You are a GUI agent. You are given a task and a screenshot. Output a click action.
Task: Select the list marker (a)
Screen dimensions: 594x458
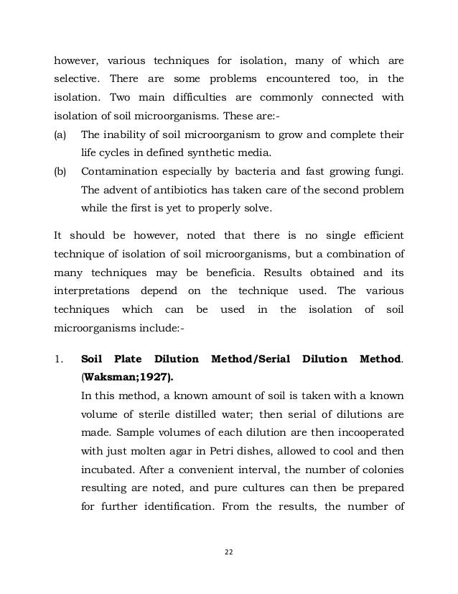[x=61, y=134]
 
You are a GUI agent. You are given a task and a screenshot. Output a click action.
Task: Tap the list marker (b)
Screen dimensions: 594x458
[x=61, y=171]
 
